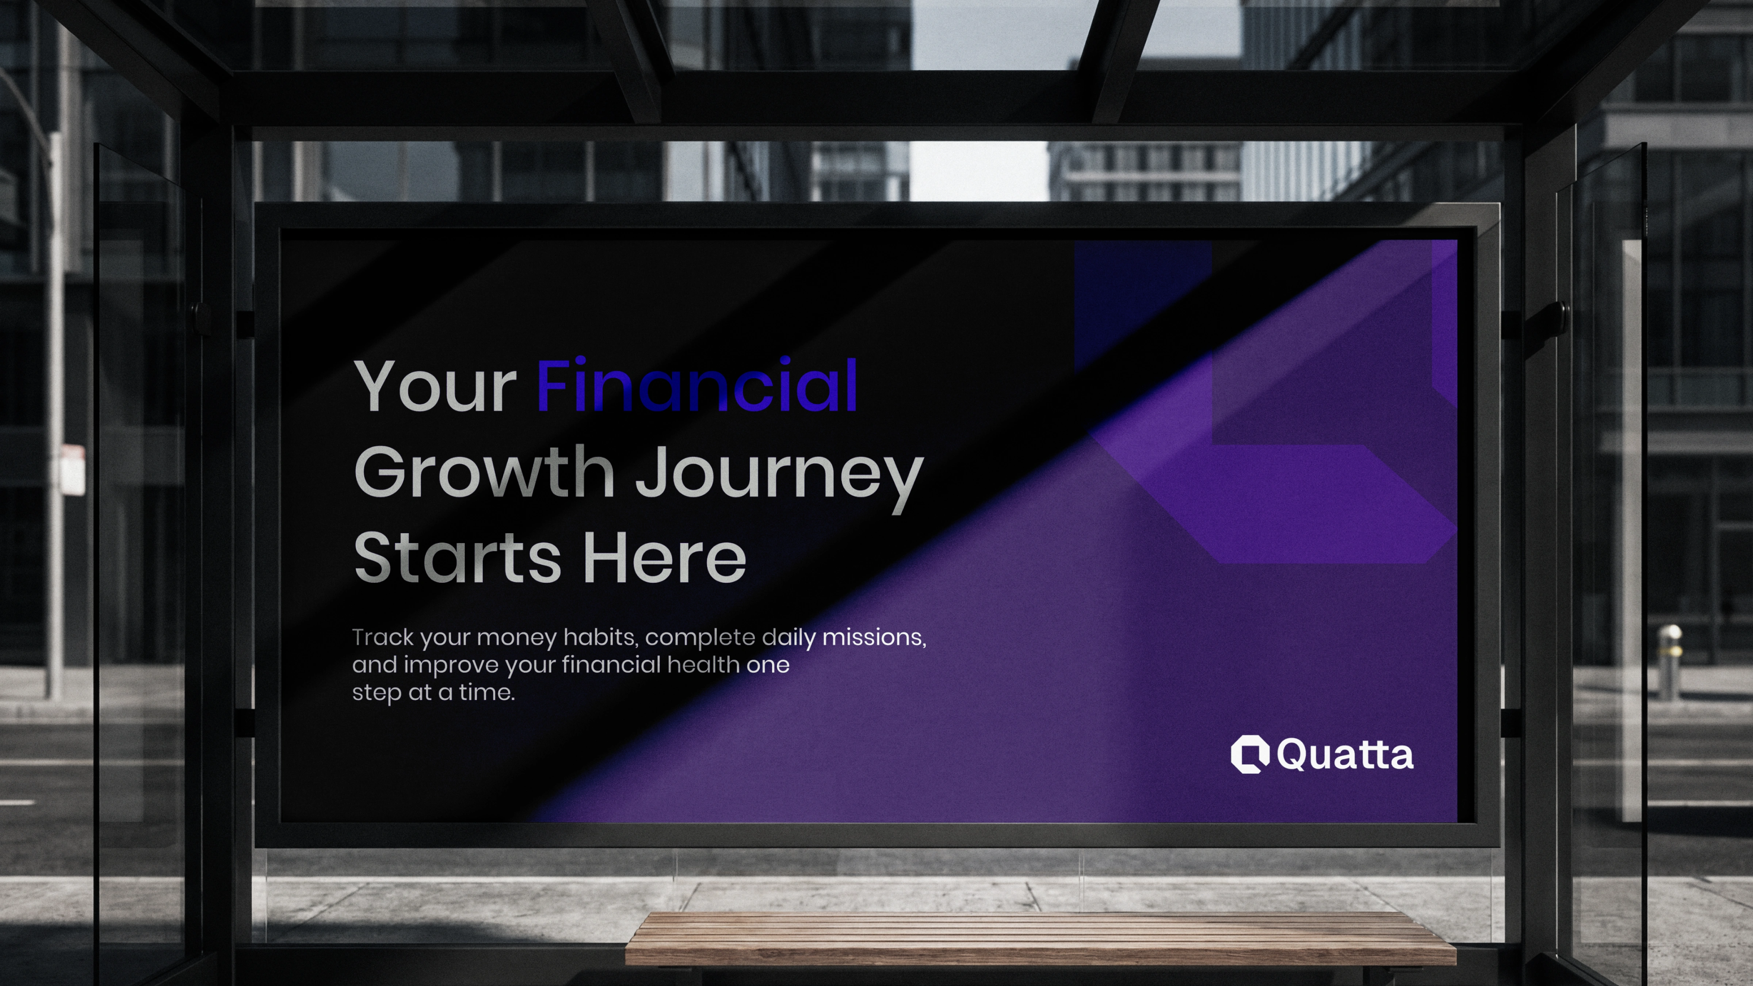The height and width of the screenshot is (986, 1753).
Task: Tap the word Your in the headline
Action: (436, 386)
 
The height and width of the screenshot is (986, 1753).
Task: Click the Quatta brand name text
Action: (1345, 754)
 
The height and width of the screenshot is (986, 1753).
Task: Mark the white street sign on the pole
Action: (73, 470)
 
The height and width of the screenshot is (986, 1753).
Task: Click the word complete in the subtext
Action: (700, 638)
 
